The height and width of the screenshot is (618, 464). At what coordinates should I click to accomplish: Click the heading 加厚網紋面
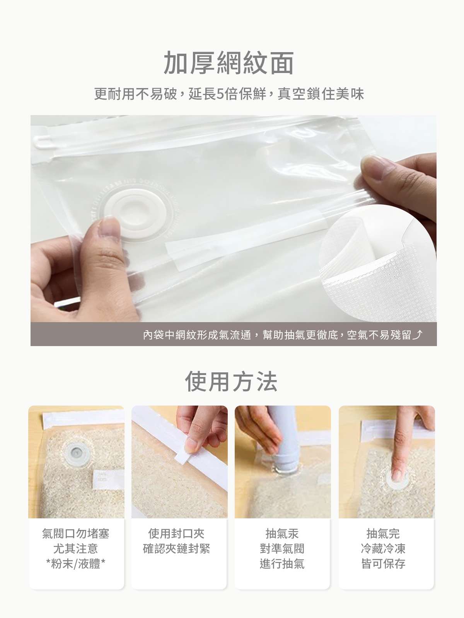[229, 63]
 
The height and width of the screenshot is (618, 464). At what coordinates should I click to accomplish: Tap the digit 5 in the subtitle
[219, 94]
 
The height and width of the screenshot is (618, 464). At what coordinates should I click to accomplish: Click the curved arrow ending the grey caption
[418, 334]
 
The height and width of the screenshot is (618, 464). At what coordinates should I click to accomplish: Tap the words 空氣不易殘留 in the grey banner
[379, 335]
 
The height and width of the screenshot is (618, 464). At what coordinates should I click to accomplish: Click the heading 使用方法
[231, 382]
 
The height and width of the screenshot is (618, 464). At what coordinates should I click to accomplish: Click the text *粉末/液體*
[76, 564]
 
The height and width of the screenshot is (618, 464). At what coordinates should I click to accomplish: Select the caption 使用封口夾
[176, 534]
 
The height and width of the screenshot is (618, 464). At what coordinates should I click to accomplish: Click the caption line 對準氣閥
[282, 548]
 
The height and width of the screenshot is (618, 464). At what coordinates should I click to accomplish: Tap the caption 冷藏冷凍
[383, 548]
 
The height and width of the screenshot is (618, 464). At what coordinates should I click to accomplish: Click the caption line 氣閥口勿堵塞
[76, 534]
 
